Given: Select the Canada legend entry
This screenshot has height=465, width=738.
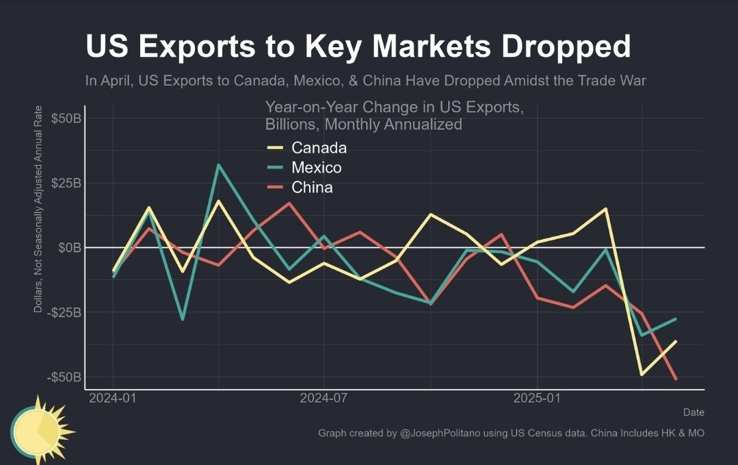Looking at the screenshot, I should tap(318, 148).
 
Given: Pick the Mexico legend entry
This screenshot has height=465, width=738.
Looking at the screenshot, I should tap(316, 168).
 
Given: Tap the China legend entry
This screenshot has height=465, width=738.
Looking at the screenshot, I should tap(312, 188).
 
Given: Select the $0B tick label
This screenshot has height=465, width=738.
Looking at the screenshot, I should tap(69, 247).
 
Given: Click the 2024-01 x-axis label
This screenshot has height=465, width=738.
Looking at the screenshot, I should tap(113, 398).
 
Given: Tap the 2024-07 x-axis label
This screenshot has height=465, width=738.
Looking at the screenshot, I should tap(324, 398).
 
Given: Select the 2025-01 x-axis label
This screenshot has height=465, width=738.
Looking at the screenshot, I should tap(538, 398).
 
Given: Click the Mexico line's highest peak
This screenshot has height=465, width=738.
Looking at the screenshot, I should tap(218, 164).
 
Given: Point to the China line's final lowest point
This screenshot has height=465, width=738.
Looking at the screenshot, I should tap(676, 379).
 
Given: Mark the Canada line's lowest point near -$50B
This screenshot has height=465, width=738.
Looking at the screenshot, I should tap(642, 375).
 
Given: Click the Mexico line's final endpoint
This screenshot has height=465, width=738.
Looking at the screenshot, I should tap(676, 318).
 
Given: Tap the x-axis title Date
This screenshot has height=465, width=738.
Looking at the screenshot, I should tap(693, 412).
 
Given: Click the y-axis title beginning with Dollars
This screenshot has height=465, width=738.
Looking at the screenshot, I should tap(38, 210).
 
